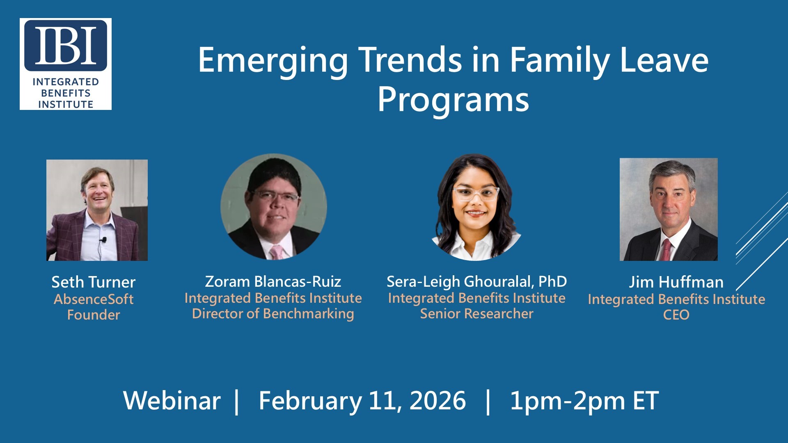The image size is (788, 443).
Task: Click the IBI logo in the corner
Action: pos(66,64)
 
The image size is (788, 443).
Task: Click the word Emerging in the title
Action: pos(273,61)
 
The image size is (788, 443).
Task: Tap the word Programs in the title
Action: pos(453,100)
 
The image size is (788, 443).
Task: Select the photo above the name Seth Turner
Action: pos(97,210)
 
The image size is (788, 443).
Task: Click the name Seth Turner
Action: pos(94,282)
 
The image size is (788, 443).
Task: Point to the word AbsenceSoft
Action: pos(94,299)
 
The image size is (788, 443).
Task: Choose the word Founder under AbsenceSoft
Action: pos(94,315)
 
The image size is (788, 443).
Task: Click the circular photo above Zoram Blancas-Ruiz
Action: pos(274,207)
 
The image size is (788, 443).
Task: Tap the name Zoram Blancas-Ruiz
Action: pos(273,282)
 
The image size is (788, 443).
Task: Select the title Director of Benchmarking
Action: pos(273,314)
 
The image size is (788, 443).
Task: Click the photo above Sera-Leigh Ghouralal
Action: pos(476,207)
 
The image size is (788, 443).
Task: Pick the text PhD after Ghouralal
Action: pos(552,282)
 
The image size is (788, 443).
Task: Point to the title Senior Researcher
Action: pos(476,314)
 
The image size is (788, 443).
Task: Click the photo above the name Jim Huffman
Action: pos(669,209)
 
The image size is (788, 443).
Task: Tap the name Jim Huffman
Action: pos(676,282)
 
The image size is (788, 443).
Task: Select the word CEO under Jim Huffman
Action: pos(676,315)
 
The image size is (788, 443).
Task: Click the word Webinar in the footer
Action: pos(172,401)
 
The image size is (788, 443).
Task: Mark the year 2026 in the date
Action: pos(438,401)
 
